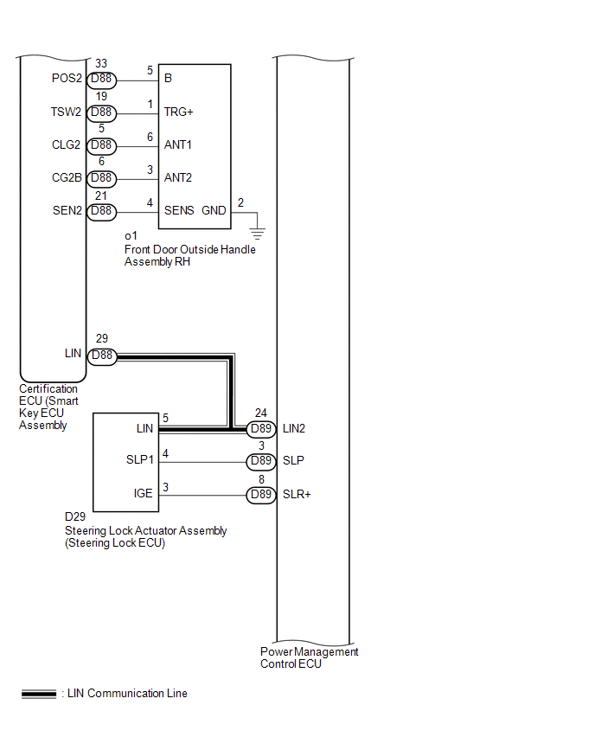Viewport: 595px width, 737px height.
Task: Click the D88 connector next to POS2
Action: [x=102, y=80]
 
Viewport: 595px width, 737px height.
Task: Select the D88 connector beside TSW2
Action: [x=102, y=112]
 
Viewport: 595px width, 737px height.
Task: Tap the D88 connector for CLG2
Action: [x=102, y=145]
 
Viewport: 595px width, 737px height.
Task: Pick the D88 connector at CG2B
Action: [x=102, y=178]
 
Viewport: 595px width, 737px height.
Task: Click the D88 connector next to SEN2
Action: [x=102, y=210]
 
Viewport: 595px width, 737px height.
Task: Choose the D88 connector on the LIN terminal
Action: [x=102, y=355]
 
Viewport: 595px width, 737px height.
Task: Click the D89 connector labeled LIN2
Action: [x=262, y=428]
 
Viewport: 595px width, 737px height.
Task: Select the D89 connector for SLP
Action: [x=262, y=461]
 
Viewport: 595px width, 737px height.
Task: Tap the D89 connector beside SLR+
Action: [x=262, y=494]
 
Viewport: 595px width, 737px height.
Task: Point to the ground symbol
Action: [x=256, y=233]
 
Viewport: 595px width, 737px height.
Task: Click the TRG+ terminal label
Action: [x=178, y=112]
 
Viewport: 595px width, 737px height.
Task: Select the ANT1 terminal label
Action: [x=178, y=145]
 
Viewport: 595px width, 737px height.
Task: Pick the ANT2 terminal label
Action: [x=178, y=178]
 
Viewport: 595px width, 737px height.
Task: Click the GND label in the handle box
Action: [x=213, y=210]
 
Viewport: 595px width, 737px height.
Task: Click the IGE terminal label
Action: [x=144, y=494]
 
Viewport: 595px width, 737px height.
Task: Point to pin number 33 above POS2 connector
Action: [x=102, y=64]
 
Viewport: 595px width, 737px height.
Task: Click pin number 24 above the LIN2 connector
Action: [x=261, y=413]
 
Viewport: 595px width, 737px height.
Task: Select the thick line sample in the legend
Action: [x=39, y=694]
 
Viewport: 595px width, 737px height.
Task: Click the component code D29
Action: [x=75, y=516]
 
